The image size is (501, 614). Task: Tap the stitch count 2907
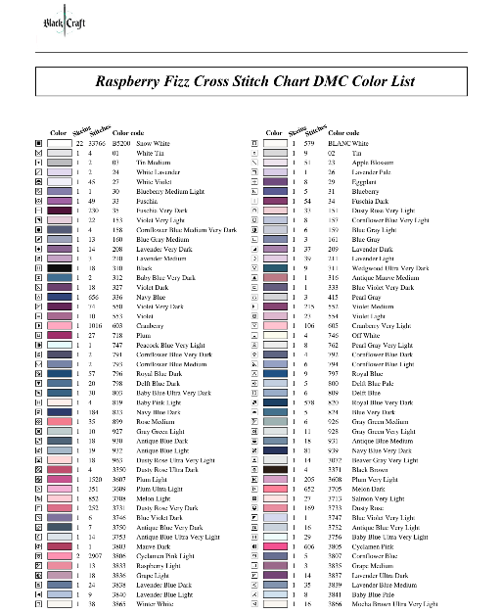[x=95, y=553]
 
